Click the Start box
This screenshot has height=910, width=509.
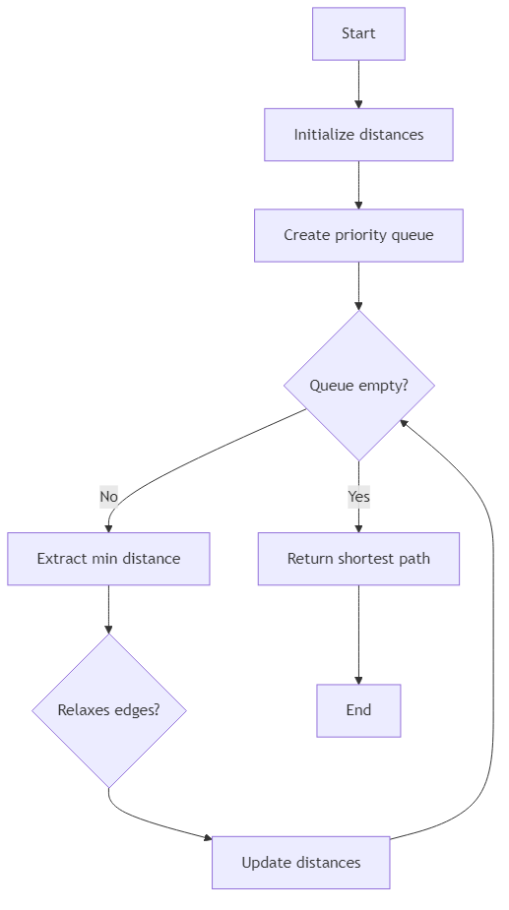pyautogui.click(x=358, y=33)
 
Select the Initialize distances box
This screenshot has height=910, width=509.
pyautogui.click(x=358, y=135)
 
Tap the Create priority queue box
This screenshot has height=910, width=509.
pyautogui.click(x=358, y=235)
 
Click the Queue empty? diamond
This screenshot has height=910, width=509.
pyautogui.click(x=358, y=386)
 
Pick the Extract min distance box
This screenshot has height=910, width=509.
pyautogui.click(x=108, y=559)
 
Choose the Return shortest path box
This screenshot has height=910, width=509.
pyautogui.click(x=358, y=559)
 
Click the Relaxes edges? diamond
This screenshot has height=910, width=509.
pyautogui.click(x=108, y=710)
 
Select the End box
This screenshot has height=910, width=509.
pyautogui.click(x=358, y=710)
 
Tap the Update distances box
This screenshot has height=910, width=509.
pyautogui.click(x=301, y=863)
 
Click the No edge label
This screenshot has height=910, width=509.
pyautogui.click(x=108, y=497)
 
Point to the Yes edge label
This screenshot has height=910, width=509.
pyautogui.click(x=358, y=497)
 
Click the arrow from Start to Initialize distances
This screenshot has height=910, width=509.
pyautogui.click(x=358, y=84)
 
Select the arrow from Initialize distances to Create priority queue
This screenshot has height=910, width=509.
pyautogui.click(x=358, y=185)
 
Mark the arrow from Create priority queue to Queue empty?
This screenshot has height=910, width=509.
pyautogui.click(x=358, y=285)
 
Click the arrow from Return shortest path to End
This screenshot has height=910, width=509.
pyautogui.click(x=358, y=635)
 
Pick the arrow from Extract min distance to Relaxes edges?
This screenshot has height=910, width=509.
pyautogui.click(x=108, y=610)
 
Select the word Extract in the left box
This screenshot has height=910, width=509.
pyautogui.click(x=62, y=559)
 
